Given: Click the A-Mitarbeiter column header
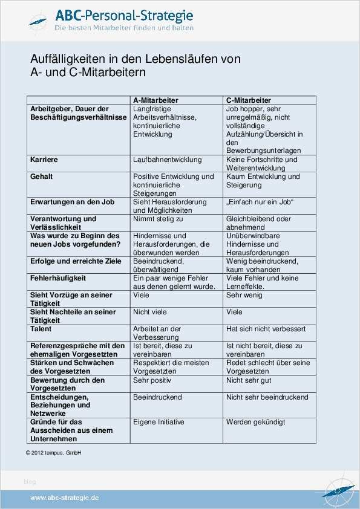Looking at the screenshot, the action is [x=156, y=100].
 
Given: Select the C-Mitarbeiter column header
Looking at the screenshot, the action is [x=248, y=100].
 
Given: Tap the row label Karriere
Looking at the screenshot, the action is [x=44, y=160].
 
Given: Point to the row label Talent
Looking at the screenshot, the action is [x=41, y=329].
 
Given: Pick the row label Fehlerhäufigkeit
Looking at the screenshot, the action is [x=58, y=278].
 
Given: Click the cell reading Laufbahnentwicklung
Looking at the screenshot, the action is [x=167, y=160].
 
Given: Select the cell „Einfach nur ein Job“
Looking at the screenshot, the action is [x=260, y=202].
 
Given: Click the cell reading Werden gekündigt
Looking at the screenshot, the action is [x=255, y=422].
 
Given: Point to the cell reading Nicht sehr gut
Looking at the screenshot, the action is [x=249, y=380].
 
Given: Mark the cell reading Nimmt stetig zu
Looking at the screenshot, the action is [x=158, y=219].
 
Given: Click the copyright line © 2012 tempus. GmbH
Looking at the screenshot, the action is [x=53, y=453].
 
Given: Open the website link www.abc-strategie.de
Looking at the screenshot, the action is [x=65, y=497].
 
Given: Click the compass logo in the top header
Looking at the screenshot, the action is [x=40, y=20].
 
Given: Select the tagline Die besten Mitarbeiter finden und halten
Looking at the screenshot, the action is [x=124, y=28].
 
